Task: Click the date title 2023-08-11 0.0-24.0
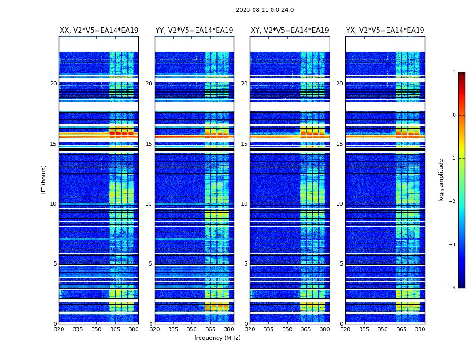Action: [x=265, y=10]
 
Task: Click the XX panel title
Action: [x=99, y=31]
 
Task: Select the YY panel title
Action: [x=194, y=31]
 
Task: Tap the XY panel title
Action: [x=289, y=31]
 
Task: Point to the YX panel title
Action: [x=385, y=31]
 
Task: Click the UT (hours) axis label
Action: [x=44, y=180]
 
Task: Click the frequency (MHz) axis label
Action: [x=217, y=338]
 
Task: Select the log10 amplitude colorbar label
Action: [x=441, y=180]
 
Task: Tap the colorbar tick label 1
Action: [x=454, y=72]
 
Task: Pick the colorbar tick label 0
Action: [x=454, y=115]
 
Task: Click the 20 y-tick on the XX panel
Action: [x=53, y=84]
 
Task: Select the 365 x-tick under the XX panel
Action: [x=115, y=329]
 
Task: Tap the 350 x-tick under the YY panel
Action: [x=192, y=329]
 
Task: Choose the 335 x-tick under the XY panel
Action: [x=269, y=329]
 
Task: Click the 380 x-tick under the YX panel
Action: [x=420, y=329]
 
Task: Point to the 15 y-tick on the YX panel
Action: [x=339, y=144]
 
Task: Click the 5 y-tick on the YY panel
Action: [x=150, y=264]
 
